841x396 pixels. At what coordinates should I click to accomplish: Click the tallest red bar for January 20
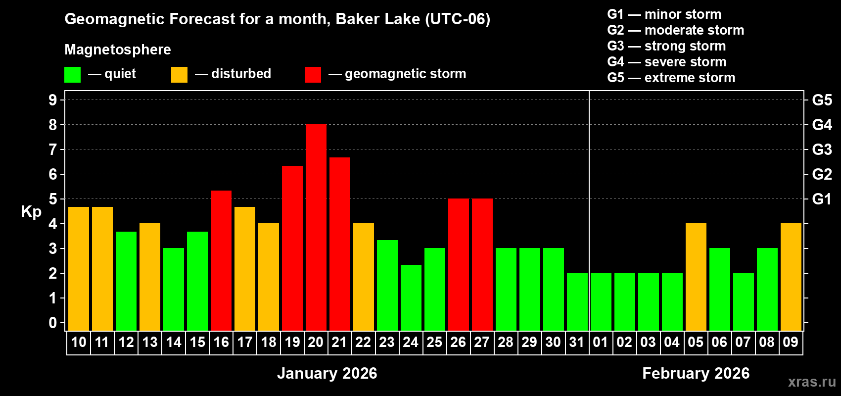316,228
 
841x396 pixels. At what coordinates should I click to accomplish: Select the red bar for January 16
221,260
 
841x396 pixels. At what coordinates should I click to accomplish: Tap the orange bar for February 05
696,277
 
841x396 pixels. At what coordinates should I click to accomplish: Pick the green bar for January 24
411,297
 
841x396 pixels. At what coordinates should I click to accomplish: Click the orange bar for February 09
791,277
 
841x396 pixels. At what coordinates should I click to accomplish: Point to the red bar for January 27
482,264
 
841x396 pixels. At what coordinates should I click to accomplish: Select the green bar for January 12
126,281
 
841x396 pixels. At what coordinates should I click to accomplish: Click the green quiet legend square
72,75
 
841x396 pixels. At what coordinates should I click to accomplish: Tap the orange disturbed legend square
179,75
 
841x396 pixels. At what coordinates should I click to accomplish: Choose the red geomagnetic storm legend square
313,75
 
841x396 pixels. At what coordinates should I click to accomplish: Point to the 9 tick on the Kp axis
53,100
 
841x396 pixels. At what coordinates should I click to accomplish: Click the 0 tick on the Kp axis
53,323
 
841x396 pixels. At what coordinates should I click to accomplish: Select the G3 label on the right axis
822,149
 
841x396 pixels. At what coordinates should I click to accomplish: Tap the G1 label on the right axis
822,199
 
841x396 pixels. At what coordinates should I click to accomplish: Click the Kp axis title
31,212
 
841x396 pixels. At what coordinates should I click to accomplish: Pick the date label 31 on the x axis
577,342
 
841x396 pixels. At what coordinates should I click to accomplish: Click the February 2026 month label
696,373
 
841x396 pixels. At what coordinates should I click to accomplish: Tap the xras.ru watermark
812,382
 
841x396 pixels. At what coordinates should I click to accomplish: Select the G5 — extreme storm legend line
671,78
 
